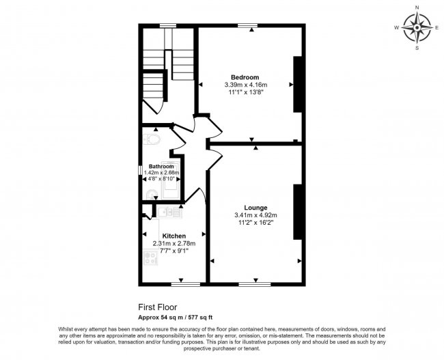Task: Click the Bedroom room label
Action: point(245,77)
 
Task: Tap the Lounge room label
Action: point(255,208)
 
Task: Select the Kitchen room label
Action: point(174,236)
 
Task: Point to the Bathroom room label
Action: point(161,166)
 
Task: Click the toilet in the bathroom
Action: point(152,139)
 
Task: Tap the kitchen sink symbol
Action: point(169,212)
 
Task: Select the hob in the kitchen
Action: point(150,258)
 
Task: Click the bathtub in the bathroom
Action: point(170,180)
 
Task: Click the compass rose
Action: point(417,28)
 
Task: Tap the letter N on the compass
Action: point(417,8)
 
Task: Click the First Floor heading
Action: point(157,307)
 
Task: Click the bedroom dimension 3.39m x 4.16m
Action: point(246,85)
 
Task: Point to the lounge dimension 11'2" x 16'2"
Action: point(255,223)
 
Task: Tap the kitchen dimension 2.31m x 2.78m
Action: point(174,243)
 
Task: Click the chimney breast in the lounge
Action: point(297,212)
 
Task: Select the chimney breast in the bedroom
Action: point(297,85)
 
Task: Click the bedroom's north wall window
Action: point(247,26)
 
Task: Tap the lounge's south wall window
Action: point(255,284)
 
